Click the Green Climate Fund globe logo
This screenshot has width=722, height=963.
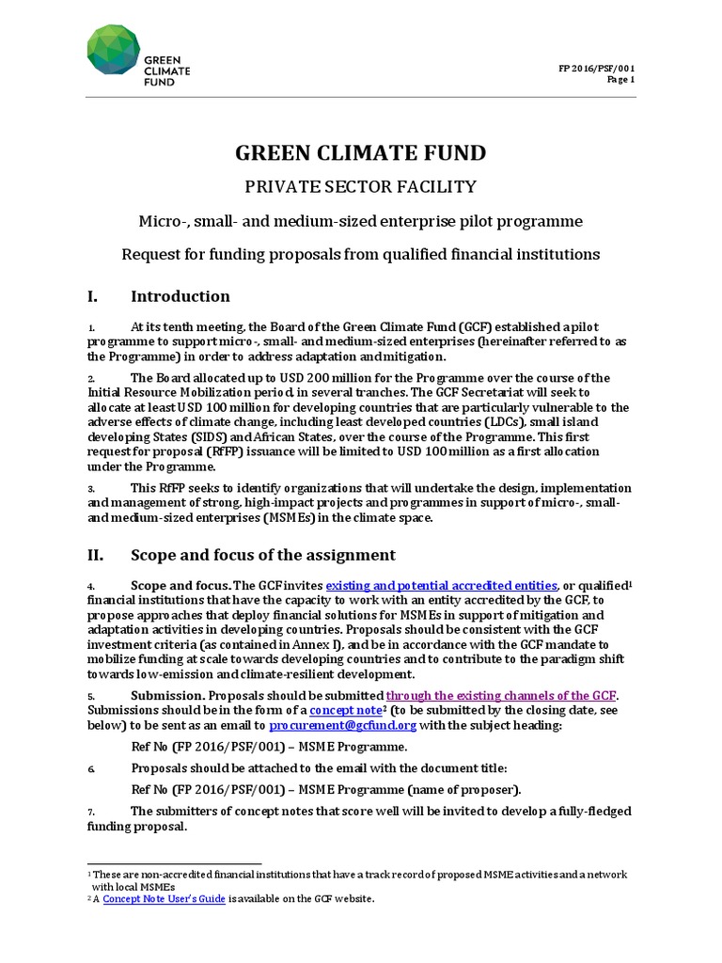pyautogui.click(x=113, y=49)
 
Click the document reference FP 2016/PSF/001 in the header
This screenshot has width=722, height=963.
pyautogui.click(x=596, y=69)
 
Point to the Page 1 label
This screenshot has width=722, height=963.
pyautogui.click(x=620, y=80)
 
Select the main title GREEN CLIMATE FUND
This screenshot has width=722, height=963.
pyautogui.click(x=361, y=153)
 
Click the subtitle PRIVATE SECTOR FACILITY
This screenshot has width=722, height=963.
pyautogui.click(x=361, y=186)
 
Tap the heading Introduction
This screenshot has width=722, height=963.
pyautogui.click(x=180, y=296)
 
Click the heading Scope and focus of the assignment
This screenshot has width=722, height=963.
pyautogui.click(x=263, y=555)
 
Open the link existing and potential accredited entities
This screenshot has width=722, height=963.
pyautogui.click(x=442, y=586)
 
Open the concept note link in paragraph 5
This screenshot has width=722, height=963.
pyautogui.click(x=346, y=710)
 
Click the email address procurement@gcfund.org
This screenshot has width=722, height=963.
pyautogui.click(x=342, y=726)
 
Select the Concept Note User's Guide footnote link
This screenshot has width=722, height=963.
pyautogui.click(x=165, y=899)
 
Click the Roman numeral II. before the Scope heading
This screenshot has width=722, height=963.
pyautogui.click(x=95, y=555)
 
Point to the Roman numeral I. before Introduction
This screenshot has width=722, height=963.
pyautogui.click(x=92, y=296)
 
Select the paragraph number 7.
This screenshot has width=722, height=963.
pyautogui.click(x=91, y=812)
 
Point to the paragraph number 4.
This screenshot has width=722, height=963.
pyautogui.click(x=91, y=586)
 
